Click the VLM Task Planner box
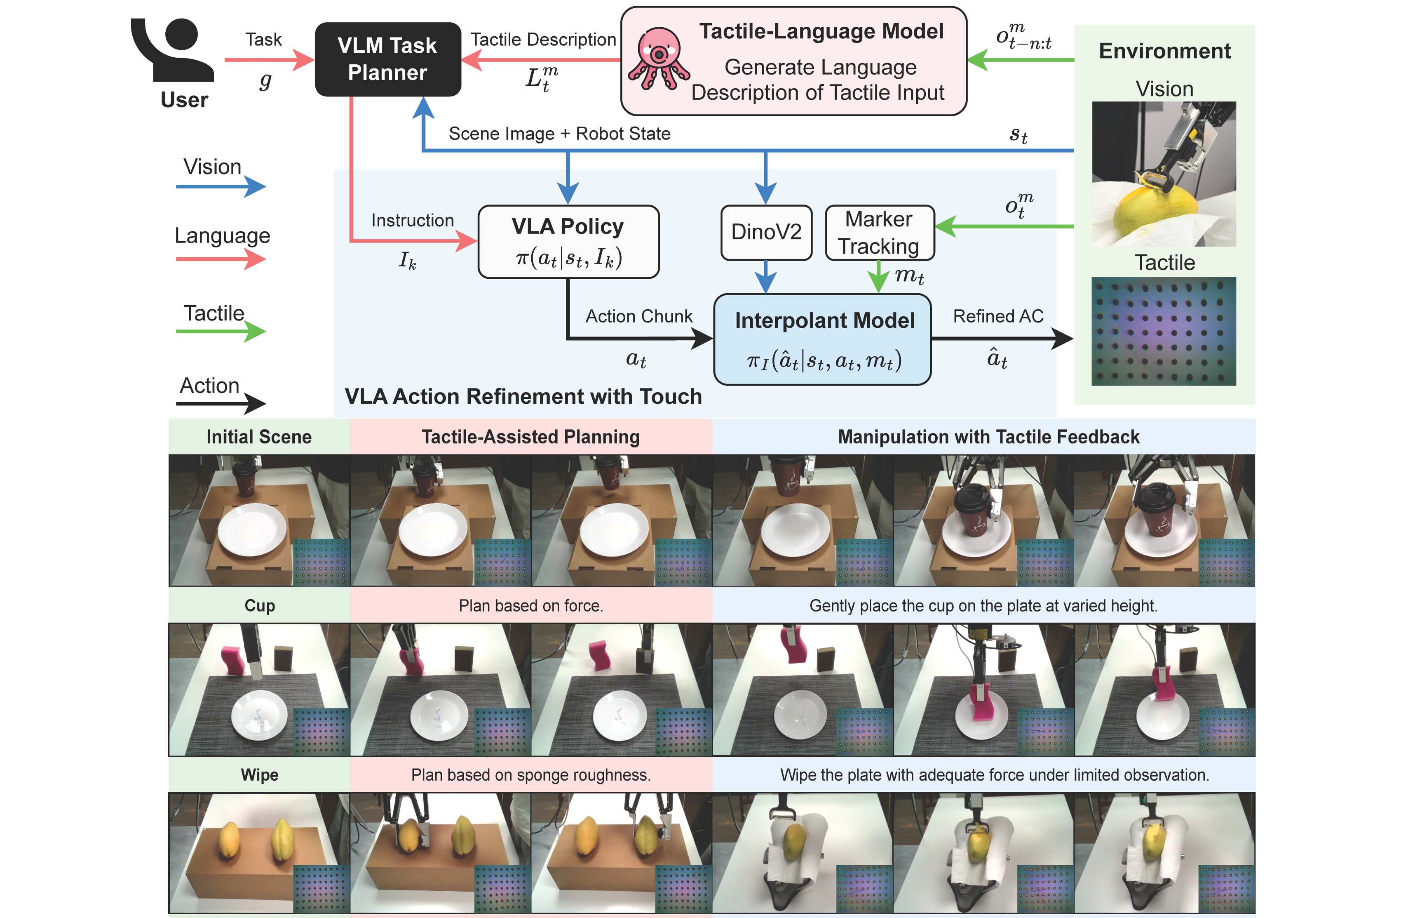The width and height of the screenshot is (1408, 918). [x=387, y=59]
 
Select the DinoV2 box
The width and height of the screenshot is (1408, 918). [x=766, y=232]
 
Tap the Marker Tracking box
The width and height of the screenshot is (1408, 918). [x=879, y=233]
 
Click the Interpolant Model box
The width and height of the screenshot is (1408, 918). [x=823, y=339]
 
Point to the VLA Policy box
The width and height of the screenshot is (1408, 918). [x=568, y=242]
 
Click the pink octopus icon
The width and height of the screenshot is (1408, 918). [x=658, y=59]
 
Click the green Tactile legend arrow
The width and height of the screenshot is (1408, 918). [x=221, y=332]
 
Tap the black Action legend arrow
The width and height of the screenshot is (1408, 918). [x=221, y=404]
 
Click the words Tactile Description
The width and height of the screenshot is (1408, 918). [x=543, y=40]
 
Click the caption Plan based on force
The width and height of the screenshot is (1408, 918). [x=530, y=605]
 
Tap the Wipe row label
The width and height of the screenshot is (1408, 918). [x=259, y=775]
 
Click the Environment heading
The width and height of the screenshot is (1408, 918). [x=1164, y=52]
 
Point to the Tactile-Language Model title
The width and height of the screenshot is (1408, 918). [x=821, y=31]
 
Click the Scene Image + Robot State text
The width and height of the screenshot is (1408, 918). [x=559, y=134]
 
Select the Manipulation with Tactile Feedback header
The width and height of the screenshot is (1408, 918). [x=988, y=437]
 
